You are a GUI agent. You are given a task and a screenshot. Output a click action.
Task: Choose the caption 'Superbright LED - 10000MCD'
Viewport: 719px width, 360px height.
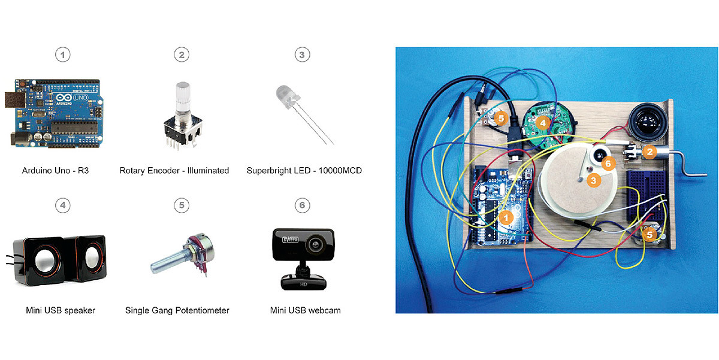(x=304, y=171)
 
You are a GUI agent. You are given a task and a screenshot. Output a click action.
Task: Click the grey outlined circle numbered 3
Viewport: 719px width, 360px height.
(x=301, y=55)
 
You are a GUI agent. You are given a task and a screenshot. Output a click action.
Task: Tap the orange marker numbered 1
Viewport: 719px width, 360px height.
(x=507, y=218)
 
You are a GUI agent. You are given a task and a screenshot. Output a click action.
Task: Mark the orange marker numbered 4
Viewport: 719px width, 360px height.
(x=543, y=122)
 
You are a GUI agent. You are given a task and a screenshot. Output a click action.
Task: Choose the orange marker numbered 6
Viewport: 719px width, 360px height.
(x=608, y=163)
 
